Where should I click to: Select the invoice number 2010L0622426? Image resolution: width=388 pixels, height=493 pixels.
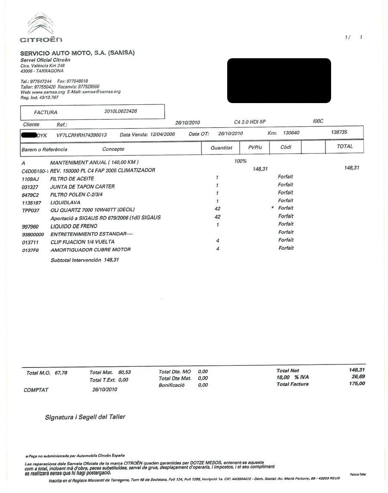[x=121, y=111]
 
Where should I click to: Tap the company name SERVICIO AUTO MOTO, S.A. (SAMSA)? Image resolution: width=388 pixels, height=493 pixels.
[x=78, y=53]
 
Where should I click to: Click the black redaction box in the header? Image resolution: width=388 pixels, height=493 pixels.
[x=279, y=81]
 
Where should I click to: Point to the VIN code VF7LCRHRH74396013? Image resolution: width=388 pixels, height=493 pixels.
[x=81, y=135]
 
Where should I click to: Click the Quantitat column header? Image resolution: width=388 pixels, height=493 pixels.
[x=221, y=148]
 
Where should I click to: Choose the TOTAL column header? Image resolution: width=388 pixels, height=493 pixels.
[x=344, y=147]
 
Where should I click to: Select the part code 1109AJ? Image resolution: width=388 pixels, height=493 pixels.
[x=29, y=179]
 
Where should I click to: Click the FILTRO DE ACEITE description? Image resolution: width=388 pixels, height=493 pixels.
[x=72, y=179]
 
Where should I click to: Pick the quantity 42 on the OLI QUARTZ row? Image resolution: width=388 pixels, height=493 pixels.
[x=217, y=209]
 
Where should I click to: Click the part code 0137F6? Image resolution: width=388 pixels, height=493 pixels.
[x=30, y=250]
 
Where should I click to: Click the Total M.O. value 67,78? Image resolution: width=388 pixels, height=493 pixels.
[x=61, y=373]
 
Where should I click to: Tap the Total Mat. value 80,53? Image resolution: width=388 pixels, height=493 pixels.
[x=124, y=372]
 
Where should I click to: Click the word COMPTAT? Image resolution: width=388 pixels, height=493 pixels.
[x=36, y=390]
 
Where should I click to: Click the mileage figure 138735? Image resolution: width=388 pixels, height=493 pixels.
[x=339, y=132]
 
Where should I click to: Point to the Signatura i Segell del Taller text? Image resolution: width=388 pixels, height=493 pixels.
[x=85, y=417]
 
